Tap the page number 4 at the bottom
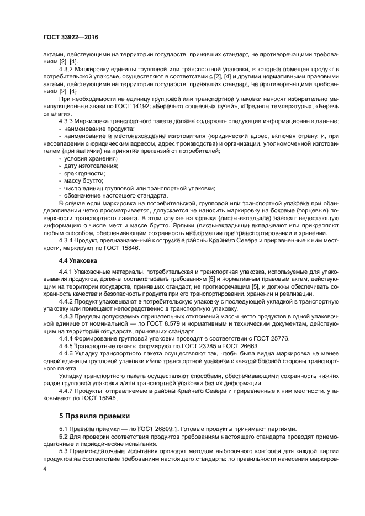(x=45, y=468)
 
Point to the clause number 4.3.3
(x=66, y=121)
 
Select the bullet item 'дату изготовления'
(x=91, y=166)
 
